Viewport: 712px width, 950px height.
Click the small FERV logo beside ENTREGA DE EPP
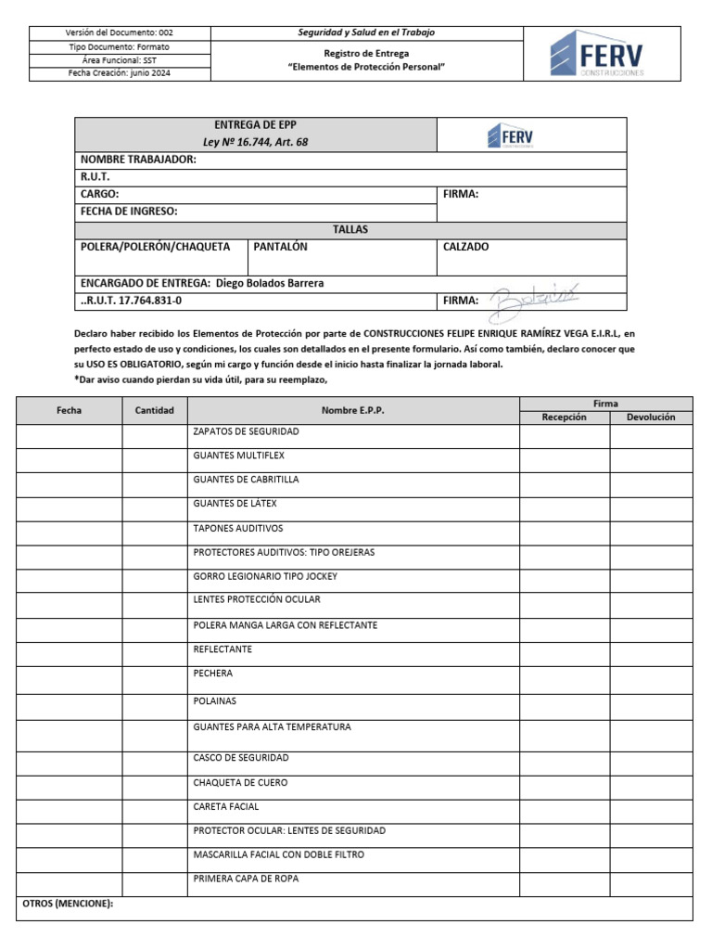click(509, 136)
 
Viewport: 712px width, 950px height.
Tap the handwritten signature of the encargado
click(534, 297)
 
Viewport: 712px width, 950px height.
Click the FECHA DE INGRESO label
click(129, 212)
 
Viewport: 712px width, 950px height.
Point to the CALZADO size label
click(464, 247)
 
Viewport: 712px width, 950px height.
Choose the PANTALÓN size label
click(280, 247)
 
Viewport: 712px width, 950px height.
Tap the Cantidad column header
click(155, 410)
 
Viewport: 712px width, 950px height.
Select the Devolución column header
click(651, 417)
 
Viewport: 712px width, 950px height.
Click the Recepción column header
click(564, 417)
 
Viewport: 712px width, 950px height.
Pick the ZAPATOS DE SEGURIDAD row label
click(246, 431)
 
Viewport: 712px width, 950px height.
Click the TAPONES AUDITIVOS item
click(236, 528)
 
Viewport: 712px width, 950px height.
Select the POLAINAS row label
click(214, 701)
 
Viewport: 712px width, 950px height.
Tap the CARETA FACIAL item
click(225, 806)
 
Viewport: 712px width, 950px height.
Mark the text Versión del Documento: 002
click(121, 32)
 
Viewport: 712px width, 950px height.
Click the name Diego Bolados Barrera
click(270, 283)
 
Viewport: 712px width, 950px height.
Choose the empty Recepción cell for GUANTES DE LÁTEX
click(564, 508)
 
